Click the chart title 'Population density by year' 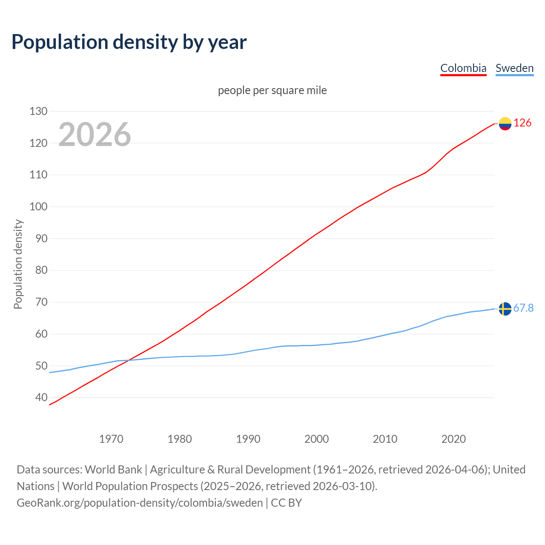pyautogui.click(x=129, y=42)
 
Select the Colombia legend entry pyautogui.click(x=463, y=68)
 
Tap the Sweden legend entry pyautogui.click(x=514, y=68)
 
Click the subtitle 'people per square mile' pyautogui.click(x=272, y=90)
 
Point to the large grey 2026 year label pyautogui.click(x=95, y=135)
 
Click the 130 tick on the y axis pyautogui.click(x=38, y=111)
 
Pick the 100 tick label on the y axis pyautogui.click(x=38, y=207)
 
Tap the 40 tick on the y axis pyautogui.click(x=41, y=397)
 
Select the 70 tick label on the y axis pyautogui.click(x=41, y=302)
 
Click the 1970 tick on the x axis pyautogui.click(x=111, y=439)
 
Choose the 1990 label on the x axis pyautogui.click(x=248, y=439)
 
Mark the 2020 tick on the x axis pyautogui.click(x=453, y=439)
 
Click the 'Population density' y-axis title pyautogui.click(x=18, y=264)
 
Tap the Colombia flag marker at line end pyautogui.click(x=505, y=123)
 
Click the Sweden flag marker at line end pyautogui.click(x=505, y=309)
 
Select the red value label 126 pyautogui.click(x=522, y=123)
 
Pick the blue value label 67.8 pyautogui.click(x=523, y=308)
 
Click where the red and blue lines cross pyautogui.click(x=127, y=361)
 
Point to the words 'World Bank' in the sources pyautogui.click(x=113, y=469)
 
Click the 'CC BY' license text pyautogui.click(x=286, y=502)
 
